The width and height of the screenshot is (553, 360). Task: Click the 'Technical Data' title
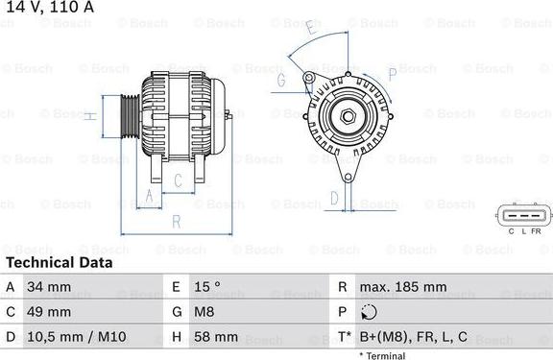(59, 262)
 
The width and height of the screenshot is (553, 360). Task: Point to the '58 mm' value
(215, 337)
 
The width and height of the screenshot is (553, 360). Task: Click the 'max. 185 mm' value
(402, 287)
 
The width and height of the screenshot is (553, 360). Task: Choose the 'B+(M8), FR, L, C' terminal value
(414, 337)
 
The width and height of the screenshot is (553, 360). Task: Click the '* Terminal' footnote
(382, 355)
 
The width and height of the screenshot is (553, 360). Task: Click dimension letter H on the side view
(89, 116)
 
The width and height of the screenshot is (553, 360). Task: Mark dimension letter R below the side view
(176, 222)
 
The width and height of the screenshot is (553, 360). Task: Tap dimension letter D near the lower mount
(334, 199)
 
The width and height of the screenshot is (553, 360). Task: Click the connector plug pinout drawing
(521, 214)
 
